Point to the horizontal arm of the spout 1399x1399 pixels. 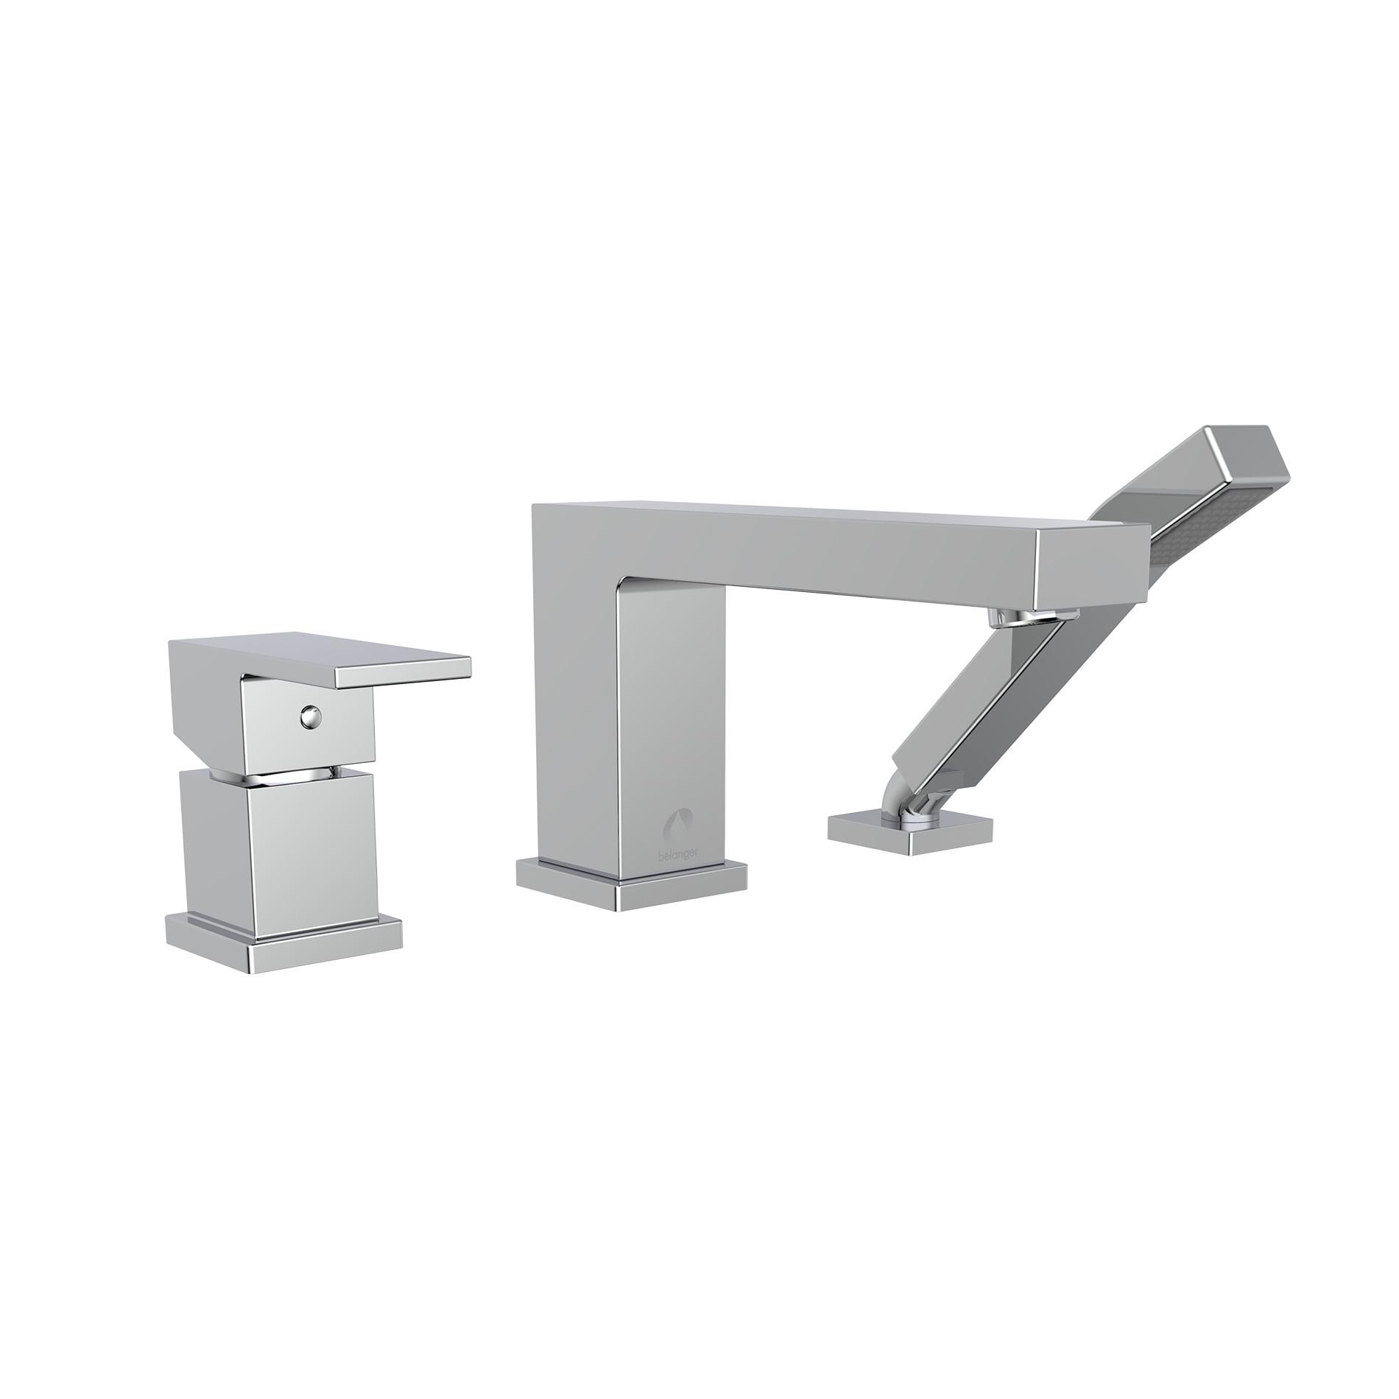810,545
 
